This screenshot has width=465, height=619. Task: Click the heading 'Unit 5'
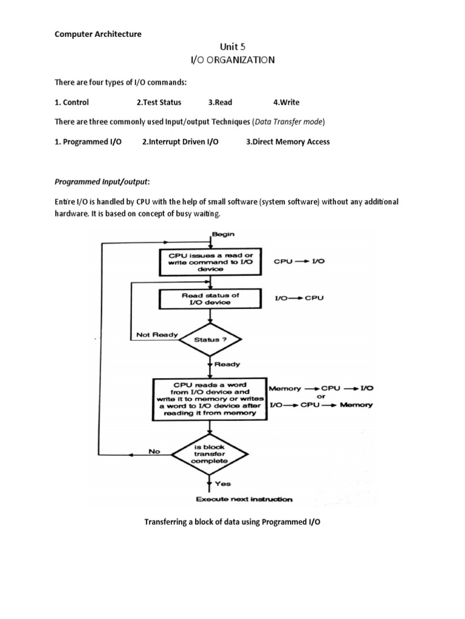(232, 47)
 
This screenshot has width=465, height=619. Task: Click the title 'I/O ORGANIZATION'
(232, 60)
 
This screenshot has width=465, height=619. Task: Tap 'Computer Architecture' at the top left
(98, 34)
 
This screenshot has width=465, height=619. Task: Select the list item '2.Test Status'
(159, 102)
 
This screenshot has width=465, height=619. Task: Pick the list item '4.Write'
(286, 102)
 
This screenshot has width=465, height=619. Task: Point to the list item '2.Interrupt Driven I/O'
(180, 141)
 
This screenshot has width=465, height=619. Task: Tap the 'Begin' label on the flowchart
(223, 233)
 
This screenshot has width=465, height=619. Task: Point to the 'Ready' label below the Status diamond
(228, 365)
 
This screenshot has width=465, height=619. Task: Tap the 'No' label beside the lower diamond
(154, 450)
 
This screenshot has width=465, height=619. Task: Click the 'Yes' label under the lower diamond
(222, 484)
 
